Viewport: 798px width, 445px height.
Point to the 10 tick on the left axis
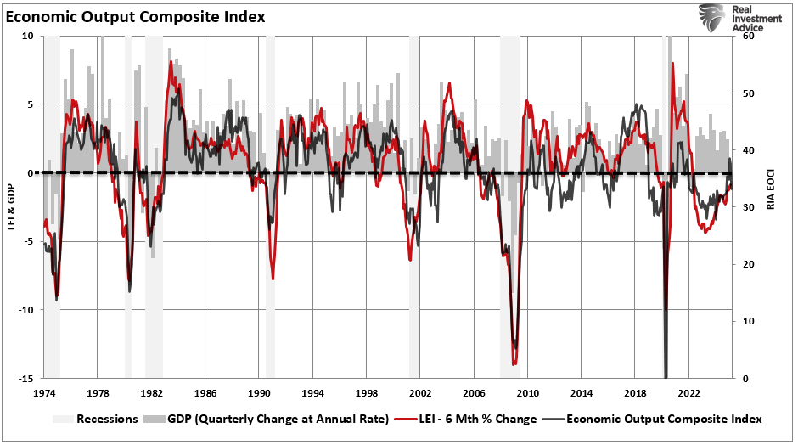[x=27, y=37]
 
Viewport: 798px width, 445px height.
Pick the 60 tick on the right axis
[x=747, y=37]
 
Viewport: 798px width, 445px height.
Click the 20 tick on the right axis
[x=747, y=264]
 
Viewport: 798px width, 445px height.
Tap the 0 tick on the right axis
[x=745, y=379]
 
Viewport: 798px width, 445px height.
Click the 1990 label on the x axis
[x=259, y=394]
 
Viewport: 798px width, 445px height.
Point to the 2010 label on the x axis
[x=528, y=394]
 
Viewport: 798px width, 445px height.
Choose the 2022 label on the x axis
[x=689, y=394]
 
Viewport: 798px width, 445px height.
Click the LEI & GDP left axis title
[x=10, y=207]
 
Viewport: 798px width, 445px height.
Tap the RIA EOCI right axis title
[x=771, y=207]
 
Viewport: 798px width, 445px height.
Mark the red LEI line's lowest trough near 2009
[x=514, y=363]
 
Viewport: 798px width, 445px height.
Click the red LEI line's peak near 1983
[x=171, y=62]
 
